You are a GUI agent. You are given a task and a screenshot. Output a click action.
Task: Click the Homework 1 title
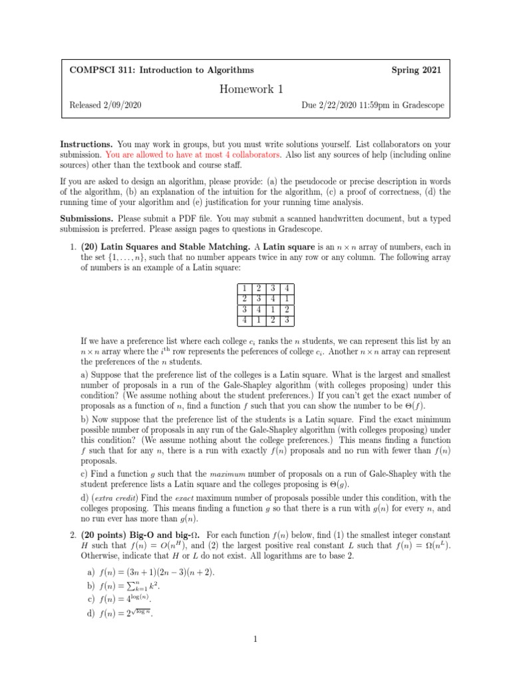pos(255,89)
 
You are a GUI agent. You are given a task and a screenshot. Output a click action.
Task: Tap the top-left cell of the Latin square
pos(245,289)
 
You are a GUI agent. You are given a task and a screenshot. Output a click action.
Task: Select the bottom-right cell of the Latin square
pos(286,319)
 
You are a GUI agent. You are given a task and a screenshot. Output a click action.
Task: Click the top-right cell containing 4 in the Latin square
pos(286,289)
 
